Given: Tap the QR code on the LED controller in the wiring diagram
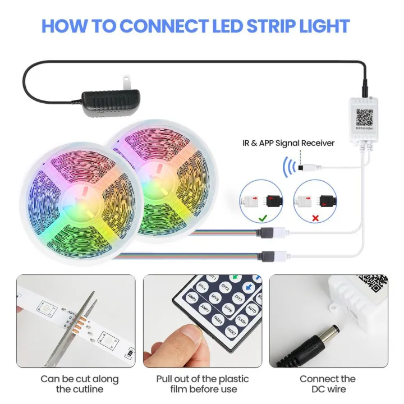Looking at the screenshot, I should [x=364, y=117].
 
